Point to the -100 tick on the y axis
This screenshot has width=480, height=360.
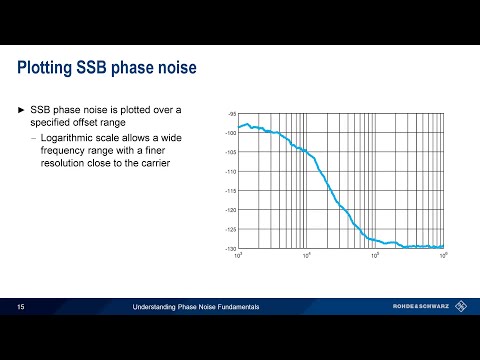pyautogui.click(x=231, y=133)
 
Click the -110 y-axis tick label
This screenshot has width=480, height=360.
pyautogui.click(x=231, y=172)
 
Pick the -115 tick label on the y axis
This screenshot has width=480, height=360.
pyautogui.click(x=231, y=191)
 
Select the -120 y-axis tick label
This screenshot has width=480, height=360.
pyautogui.click(x=231, y=210)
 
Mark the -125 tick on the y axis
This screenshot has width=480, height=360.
pyautogui.click(x=231, y=229)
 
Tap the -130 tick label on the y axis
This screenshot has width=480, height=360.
pyautogui.click(x=231, y=248)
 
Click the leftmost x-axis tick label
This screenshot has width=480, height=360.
pyautogui.click(x=239, y=256)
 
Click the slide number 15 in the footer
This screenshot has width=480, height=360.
pyautogui.click(x=21, y=307)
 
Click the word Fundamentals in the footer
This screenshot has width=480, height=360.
pyautogui.click(x=236, y=307)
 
